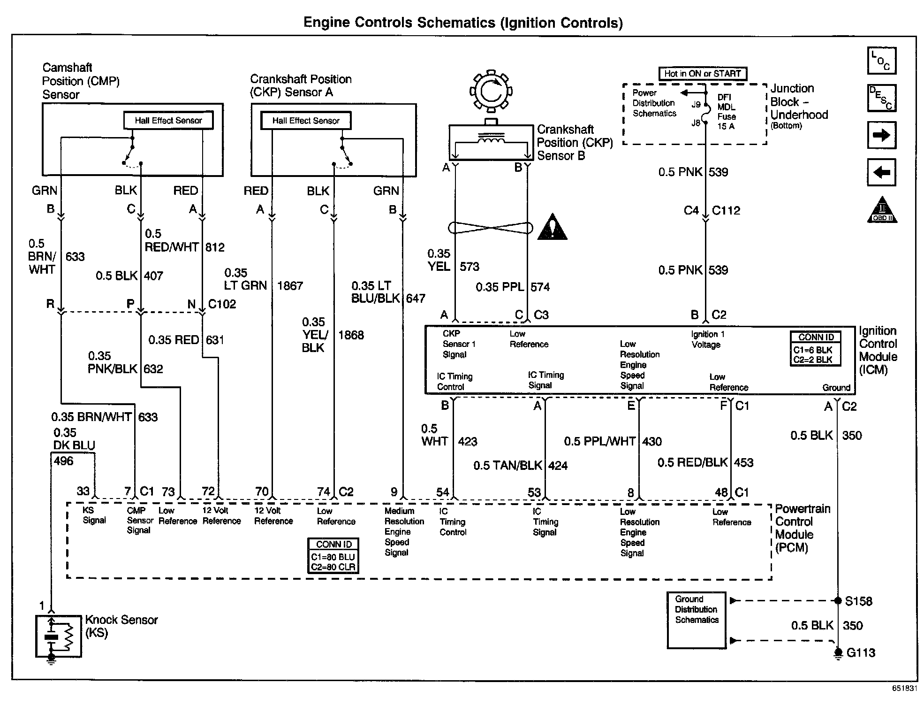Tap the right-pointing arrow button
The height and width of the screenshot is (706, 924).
tap(881, 135)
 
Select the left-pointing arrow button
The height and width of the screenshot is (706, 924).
tap(881, 172)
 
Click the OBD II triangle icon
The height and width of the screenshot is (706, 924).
tap(882, 211)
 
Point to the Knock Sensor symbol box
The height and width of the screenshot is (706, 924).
tap(58, 636)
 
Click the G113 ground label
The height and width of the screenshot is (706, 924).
tap(861, 653)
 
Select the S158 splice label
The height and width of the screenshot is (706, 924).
tap(858, 601)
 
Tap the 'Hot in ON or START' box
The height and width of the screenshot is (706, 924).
tap(702, 74)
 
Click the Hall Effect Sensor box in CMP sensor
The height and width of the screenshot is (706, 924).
tap(168, 120)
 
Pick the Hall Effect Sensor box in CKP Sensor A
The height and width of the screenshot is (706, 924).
tap(305, 121)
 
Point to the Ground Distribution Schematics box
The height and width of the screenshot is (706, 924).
tap(696, 620)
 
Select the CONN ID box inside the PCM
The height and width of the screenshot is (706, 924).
tap(333, 556)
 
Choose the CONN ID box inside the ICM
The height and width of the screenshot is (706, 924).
tap(816, 349)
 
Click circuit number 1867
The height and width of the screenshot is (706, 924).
tap(290, 286)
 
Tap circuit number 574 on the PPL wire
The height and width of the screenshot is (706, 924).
tap(540, 287)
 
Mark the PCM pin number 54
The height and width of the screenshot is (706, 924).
tap(442, 492)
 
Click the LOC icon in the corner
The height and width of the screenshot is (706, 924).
tap(881, 61)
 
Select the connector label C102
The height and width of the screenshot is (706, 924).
tap(222, 304)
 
